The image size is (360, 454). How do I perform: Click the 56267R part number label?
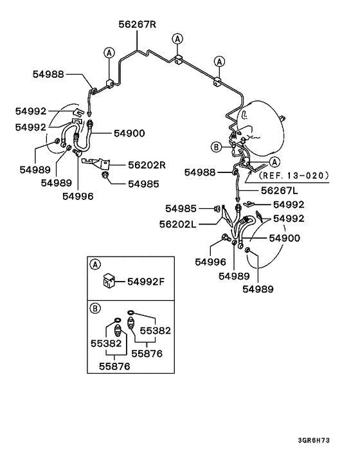138,24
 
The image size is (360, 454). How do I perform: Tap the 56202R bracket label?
147,165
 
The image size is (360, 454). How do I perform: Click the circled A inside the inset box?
96,264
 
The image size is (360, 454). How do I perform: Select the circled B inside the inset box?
96,309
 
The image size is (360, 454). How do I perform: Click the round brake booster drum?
260,129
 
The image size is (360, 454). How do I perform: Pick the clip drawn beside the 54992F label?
109,280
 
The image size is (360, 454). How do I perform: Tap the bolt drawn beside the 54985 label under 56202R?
106,175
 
